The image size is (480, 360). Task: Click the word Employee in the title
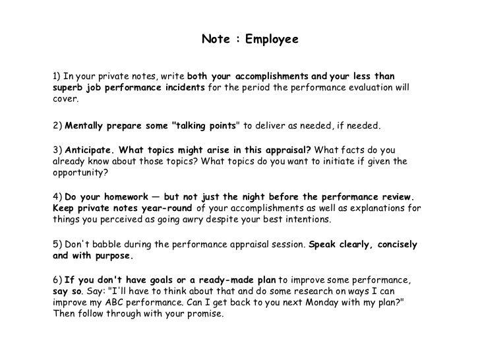pyautogui.click(x=272, y=40)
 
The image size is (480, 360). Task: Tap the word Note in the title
pyautogui.click(x=215, y=40)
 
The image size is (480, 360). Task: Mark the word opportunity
pyautogui.click(x=80, y=173)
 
